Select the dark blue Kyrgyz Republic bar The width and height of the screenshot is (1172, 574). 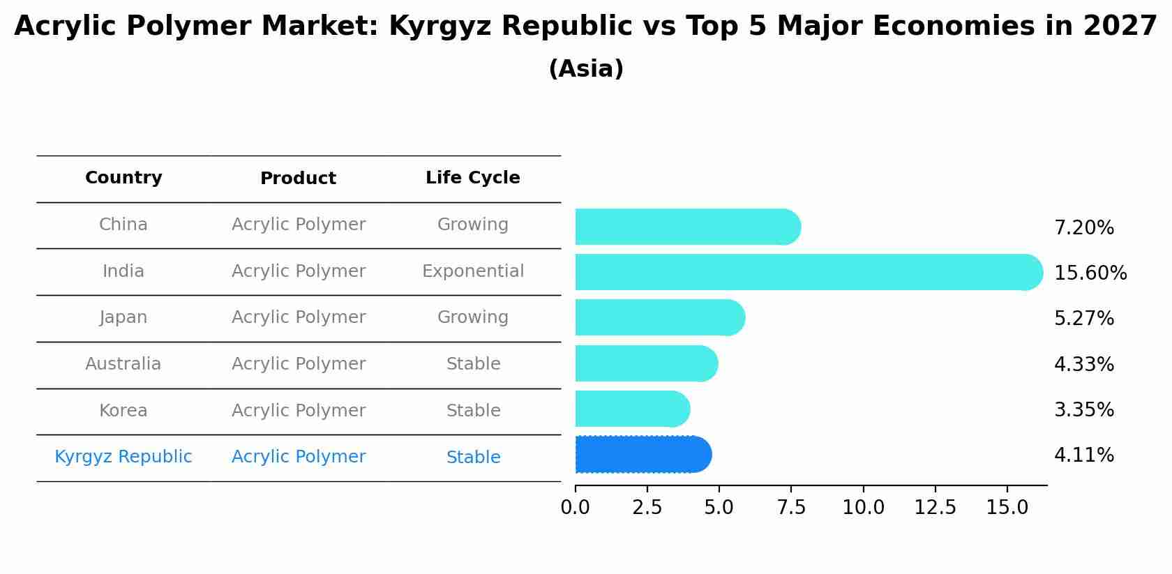(x=643, y=455)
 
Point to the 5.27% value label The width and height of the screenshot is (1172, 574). (x=1083, y=319)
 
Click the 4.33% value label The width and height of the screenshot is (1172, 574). (x=1083, y=365)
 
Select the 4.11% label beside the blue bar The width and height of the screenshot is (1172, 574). (x=1083, y=455)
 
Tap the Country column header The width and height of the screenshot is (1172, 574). (x=123, y=178)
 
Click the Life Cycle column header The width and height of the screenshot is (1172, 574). (x=473, y=178)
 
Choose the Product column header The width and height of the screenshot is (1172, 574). (x=298, y=179)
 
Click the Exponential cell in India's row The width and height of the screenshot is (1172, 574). (x=473, y=271)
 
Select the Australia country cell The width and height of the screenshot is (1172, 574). (x=123, y=364)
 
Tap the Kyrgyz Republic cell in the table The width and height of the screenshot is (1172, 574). (x=123, y=457)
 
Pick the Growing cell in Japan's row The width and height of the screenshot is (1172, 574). (x=473, y=317)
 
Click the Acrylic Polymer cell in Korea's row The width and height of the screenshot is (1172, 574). (x=299, y=411)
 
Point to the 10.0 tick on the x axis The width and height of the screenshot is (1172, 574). (x=863, y=508)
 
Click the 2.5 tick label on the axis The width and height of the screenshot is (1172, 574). (x=647, y=508)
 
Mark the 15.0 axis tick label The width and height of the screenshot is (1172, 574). (x=1007, y=508)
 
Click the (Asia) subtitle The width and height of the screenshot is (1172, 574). (x=586, y=69)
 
